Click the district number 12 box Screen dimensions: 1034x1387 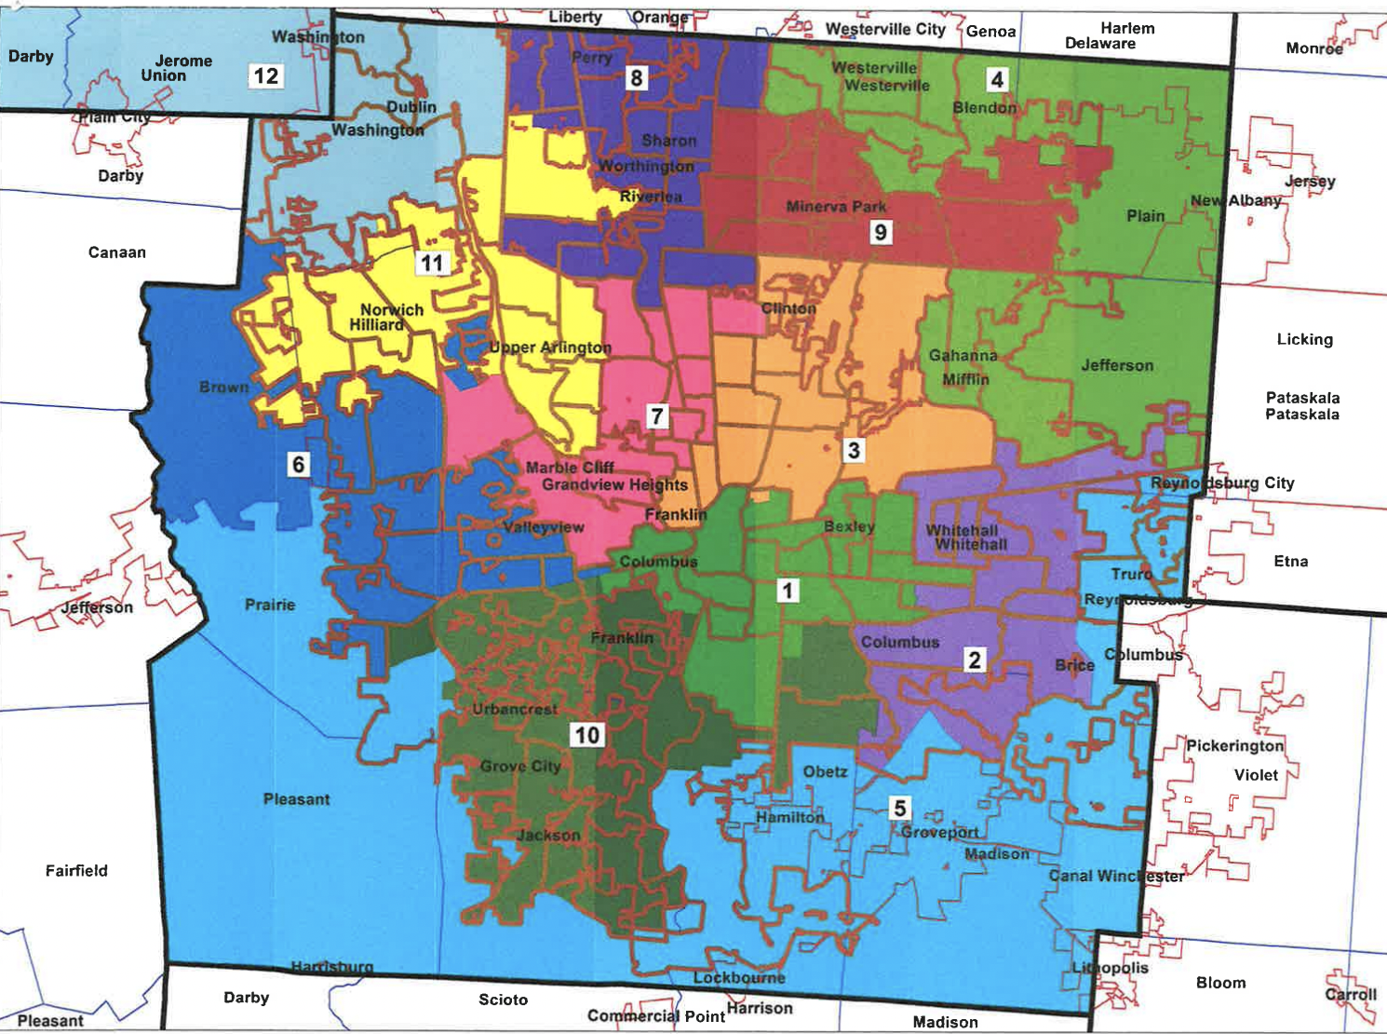pos(265,75)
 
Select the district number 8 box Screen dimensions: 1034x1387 pos(637,77)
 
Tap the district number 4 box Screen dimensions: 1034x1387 pos(997,79)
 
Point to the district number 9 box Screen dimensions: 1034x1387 pos(881,231)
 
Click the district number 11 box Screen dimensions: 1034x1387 pos(431,263)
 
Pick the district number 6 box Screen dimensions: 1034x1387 pos(298,463)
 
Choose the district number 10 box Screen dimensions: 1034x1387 pos(586,735)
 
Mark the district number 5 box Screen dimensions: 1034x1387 pos(899,808)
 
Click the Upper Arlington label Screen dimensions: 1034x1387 pos(550,347)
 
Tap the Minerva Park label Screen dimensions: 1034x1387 pos(836,206)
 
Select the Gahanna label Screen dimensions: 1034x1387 pos(963,355)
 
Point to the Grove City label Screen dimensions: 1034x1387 pos(520,766)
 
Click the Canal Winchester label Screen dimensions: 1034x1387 pos(1116,876)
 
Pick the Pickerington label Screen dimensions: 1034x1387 pos(1234,745)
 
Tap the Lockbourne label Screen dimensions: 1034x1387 pos(739,977)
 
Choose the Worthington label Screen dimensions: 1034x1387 pos(646,166)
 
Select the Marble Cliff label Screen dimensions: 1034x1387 pos(570,468)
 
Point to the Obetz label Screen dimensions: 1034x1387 pos(825,771)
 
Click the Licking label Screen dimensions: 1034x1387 pos(1304,339)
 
